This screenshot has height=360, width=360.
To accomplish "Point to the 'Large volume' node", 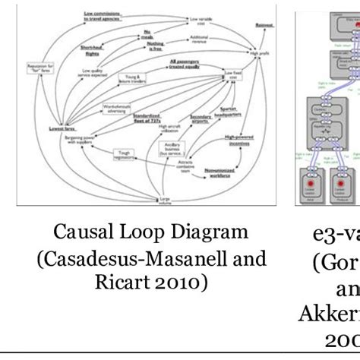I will click(x=163, y=200).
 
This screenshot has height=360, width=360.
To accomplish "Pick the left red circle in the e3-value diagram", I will click(x=311, y=186).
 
